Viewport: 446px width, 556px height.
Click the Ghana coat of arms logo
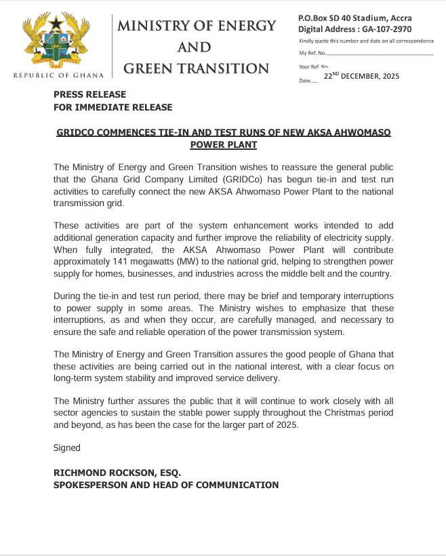58,40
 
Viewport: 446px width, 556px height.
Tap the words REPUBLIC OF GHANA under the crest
58,75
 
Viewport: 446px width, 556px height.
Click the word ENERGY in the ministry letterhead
245,26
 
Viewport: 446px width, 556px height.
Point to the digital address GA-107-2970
388,30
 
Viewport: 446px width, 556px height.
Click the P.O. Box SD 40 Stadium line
354,18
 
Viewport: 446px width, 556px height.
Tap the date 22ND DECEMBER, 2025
361,76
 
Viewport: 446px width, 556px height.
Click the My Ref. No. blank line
380,53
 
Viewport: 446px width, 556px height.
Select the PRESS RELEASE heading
89,94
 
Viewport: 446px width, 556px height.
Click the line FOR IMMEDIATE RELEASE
113,107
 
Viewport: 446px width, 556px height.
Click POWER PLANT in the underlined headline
223,145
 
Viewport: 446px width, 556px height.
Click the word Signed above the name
67,448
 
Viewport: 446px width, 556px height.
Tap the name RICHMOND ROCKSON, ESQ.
117,472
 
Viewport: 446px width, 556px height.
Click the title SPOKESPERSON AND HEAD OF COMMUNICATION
166,485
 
